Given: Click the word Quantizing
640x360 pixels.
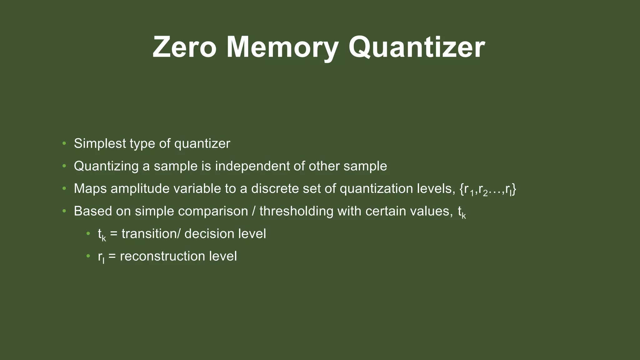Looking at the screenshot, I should [x=106, y=166].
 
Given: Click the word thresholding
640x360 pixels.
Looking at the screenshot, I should [x=296, y=211].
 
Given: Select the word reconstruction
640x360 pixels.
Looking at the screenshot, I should [x=162, y=256].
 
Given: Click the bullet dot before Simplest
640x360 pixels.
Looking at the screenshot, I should [x=64, y=143].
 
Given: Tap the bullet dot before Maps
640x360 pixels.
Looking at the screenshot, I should [x=64, y=188].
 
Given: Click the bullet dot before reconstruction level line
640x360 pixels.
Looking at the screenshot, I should [x=88, y=256].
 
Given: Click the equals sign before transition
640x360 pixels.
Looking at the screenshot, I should [x=114, y=234].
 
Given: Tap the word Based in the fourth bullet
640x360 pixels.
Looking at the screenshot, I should [x=92, y=211].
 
